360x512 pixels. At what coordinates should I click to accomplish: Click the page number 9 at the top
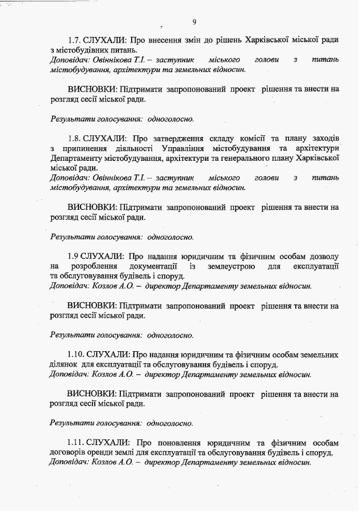(x=194, y=22)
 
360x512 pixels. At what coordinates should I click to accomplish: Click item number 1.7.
(x=74, y=40)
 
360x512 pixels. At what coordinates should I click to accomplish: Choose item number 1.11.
(x=76, y=443)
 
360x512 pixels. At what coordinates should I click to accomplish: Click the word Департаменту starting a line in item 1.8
(x=78, y=158)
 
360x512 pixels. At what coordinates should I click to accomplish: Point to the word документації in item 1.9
(x=153, y=266)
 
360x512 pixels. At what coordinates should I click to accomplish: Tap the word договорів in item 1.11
(x=68, y=452)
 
